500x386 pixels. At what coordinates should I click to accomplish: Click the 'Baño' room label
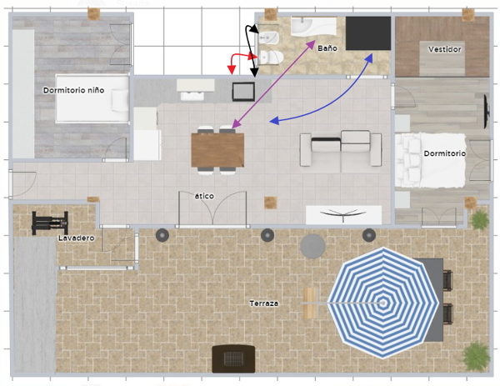[x=327, y=48]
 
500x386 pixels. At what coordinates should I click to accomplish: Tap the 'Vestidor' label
[x=444, y=49]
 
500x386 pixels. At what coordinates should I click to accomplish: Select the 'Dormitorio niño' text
[x=73, y=90]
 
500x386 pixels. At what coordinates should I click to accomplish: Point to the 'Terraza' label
[x=263, y=303]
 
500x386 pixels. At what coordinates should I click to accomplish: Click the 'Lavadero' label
[x=76, y=238]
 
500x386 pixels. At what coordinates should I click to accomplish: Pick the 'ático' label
[x=204, y=196]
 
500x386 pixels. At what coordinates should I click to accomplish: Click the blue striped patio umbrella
[x=383, y=303]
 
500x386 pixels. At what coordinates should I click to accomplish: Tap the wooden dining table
[x=217, y=150]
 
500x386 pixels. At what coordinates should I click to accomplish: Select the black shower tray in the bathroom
[x=368, y=33]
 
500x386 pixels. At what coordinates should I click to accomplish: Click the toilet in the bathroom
[x=270, y=58]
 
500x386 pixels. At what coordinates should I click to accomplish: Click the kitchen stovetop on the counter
[x=243, y=92]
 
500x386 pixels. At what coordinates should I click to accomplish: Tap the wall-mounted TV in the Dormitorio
[x=487, y=111]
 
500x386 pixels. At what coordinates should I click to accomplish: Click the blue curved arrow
[x=332, y=102]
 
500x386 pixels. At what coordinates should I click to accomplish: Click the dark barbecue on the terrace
[x=233, y=358]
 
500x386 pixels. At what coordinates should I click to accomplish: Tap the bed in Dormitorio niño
[x=92, y=98]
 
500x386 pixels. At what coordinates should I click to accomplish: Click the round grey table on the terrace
[x=312, y=246]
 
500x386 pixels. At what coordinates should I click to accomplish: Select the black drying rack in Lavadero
[x=50, y=223]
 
